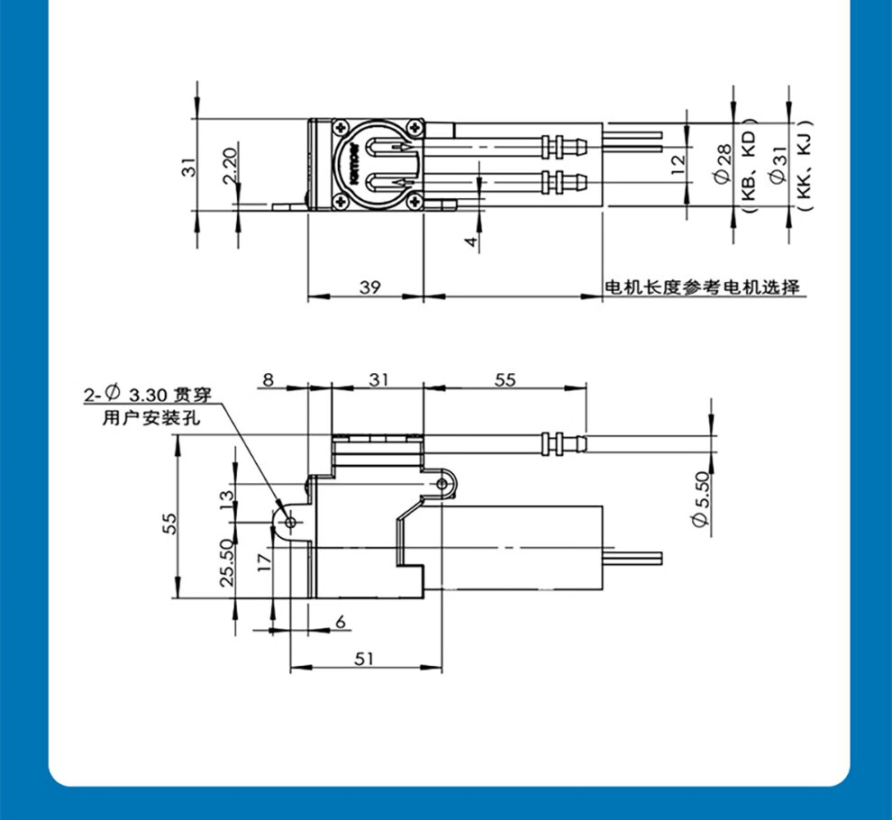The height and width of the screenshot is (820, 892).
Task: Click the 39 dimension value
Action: (x=369, y=287)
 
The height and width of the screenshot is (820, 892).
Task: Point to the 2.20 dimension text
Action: (x=229, y=166)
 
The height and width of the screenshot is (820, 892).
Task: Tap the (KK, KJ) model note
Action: (x=804, y=166)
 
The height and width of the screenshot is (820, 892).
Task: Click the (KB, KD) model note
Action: (x=749, y=166)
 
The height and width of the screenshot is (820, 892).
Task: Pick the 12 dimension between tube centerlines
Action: (x=678, y=165)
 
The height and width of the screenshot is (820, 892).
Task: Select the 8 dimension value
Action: (x=269, y=379)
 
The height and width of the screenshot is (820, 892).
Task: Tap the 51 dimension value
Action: (x=364, y=659)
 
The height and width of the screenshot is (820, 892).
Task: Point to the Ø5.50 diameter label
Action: (x=702, y=498)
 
